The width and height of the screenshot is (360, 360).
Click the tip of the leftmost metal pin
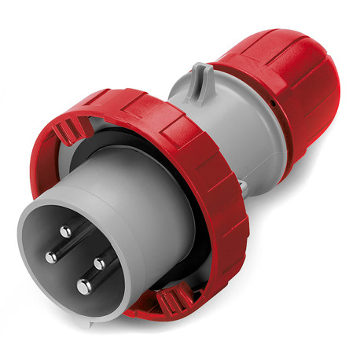click(50, 258)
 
